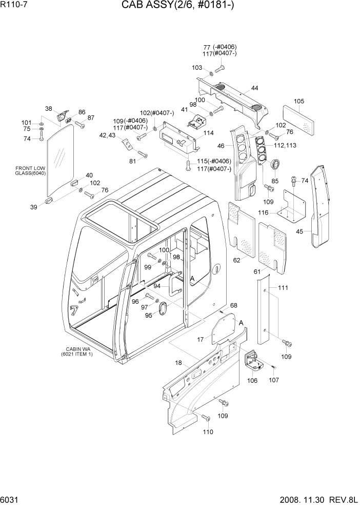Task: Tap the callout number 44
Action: click(x=254, y=89)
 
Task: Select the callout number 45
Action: click(x=300, y=231)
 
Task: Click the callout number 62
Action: click(x=237, y=260)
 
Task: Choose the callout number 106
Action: click(x=252, y=380)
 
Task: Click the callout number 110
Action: click(x=208, y=433)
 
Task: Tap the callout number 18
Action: click(x=178, y=363)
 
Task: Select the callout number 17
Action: click(x=201, y=339)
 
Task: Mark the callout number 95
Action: click(x=149, y=315)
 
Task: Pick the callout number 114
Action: click(x=208, y=133)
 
